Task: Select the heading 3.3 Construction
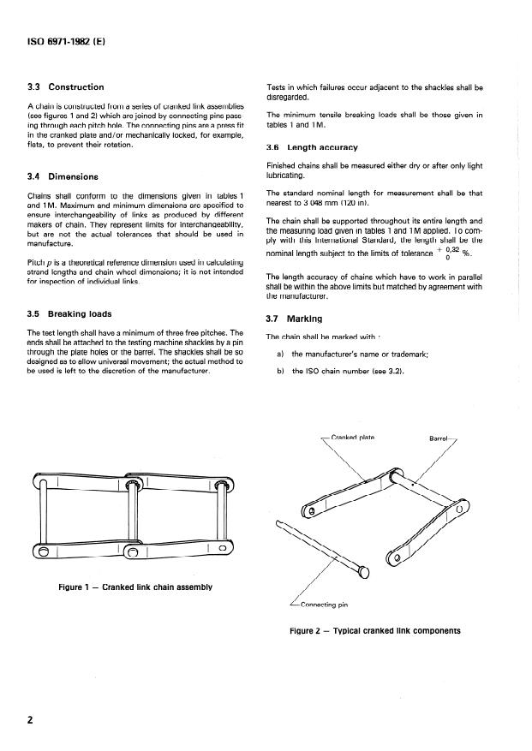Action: point(65,87)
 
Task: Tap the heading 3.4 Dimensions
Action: point(64,177)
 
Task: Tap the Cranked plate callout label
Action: point(352,437)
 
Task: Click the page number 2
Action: point(31,719)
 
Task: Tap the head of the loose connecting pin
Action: point(367,572)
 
